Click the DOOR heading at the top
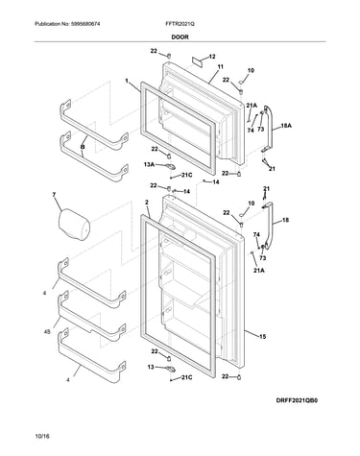(x=180, y=37)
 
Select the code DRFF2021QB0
(x=298, y=400)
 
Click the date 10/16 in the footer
(x=42, y=436)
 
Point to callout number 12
(x=212, y=57)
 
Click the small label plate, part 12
(x=197, y=60)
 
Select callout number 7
(x=54, y=194)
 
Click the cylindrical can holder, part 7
(x=74, y=224)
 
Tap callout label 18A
(x=286, y=126)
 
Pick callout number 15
(x=262, y=336)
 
